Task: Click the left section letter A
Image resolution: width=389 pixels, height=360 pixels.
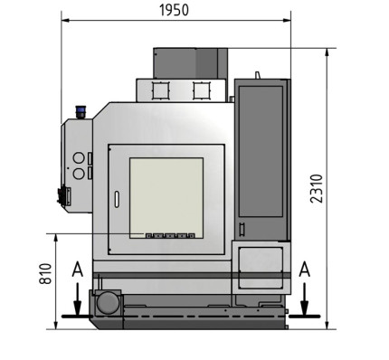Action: point(78,269)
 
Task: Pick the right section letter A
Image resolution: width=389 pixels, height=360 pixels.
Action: point(305,269)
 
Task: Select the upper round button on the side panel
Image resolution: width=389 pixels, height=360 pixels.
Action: point(78,158)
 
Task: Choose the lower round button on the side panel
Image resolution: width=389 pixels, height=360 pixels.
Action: point(78,172)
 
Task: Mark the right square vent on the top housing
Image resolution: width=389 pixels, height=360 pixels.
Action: point(201,90)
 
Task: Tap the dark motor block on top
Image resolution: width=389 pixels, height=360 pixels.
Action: point(185,63)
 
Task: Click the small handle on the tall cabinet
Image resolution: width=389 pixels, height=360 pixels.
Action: point(242,227)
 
